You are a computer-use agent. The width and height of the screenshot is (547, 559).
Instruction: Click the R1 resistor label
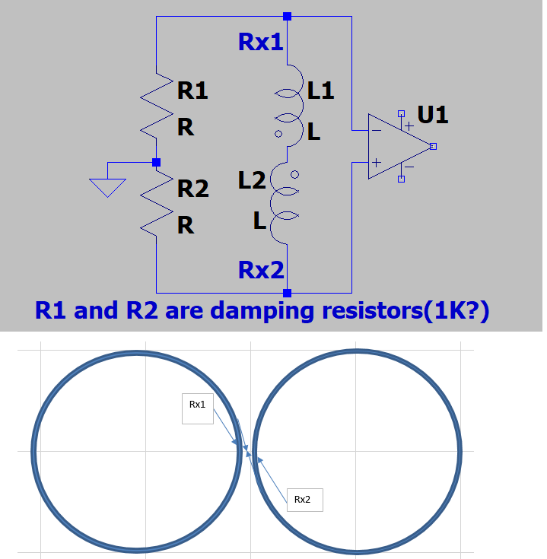[192, 92]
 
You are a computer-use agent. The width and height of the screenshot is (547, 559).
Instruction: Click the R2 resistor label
[192, 189]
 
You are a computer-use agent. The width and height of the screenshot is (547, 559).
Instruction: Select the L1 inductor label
[321, 92]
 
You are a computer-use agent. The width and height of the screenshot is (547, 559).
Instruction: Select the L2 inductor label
[252, 181]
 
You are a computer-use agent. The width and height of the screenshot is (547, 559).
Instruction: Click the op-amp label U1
[433, 116]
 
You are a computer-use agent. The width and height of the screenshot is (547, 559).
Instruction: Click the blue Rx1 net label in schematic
[261, 42]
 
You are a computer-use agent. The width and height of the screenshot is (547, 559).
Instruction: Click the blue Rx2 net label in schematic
[261, 269]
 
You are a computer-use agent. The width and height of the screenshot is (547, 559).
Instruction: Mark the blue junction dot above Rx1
[287, 16]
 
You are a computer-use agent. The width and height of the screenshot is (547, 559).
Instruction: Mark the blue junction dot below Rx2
[287, 292]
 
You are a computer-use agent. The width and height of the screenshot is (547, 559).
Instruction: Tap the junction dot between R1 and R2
[156, 162]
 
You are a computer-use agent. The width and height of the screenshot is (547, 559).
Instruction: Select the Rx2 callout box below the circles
[304, 500]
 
